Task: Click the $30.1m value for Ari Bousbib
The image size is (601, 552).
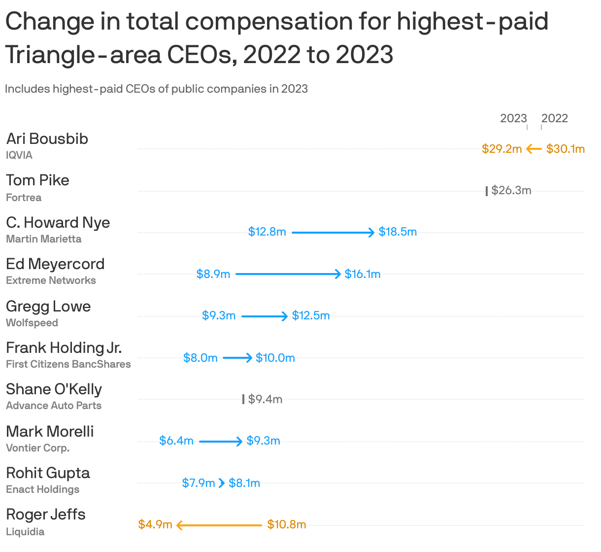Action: [x=565, y=149]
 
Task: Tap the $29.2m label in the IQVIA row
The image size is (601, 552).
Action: [x=501, y=149]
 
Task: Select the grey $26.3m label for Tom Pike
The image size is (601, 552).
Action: [x=511, y=190]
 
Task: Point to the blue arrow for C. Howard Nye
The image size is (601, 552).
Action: [x=333, y=232]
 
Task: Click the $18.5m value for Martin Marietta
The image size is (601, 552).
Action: [x=398, y=232]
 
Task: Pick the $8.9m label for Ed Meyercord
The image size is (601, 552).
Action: [x=213, y=274]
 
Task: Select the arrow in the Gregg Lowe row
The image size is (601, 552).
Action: [x=264, y=316]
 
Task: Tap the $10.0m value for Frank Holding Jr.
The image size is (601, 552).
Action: [x=275, y=358]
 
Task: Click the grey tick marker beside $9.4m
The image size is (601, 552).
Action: [x=243, y=399]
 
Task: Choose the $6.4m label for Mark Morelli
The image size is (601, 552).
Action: [x=176, y=441]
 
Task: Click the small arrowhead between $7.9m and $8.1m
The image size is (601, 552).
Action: [x=222, y=483]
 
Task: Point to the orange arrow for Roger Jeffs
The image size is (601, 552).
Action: [x=219, y=525]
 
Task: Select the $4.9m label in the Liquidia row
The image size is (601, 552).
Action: [x=155, y=524]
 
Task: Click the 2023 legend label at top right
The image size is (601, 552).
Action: [x=513, y=118]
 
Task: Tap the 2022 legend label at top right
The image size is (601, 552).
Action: [x=554, y=118]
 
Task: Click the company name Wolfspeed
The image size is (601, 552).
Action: [x=32, y=323]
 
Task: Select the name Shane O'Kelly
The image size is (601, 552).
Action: [x=54, y=389]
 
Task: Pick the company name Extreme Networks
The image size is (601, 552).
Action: [x=51, y=280]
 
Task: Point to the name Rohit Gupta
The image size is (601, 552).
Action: [x=48, y=473]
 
